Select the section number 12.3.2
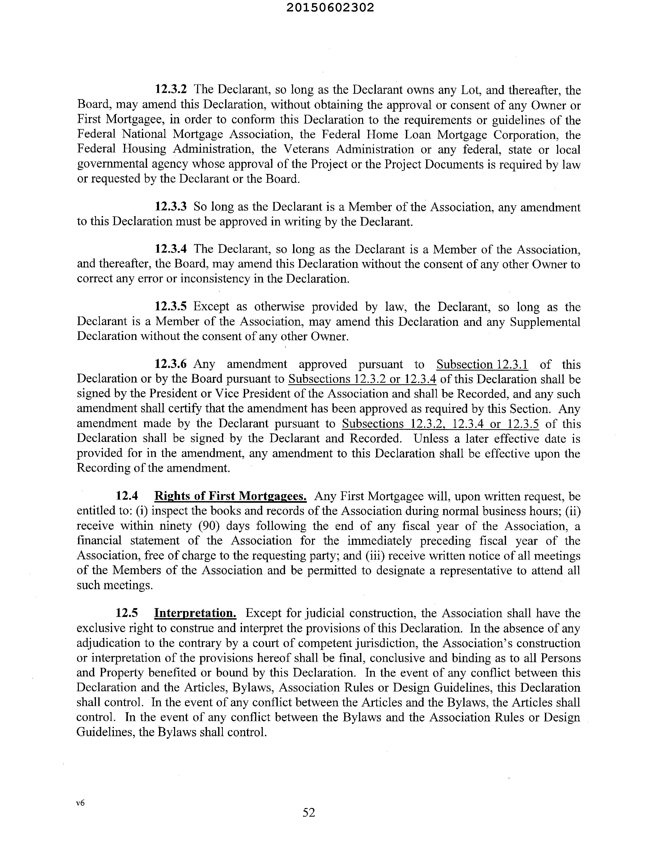coord(171,89)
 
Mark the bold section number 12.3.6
coord(171,364)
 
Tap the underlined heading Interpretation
coord(195,613)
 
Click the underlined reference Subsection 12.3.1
coord(482,364)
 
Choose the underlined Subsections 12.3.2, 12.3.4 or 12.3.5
coord(440,424)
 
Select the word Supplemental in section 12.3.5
coord(545,322)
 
